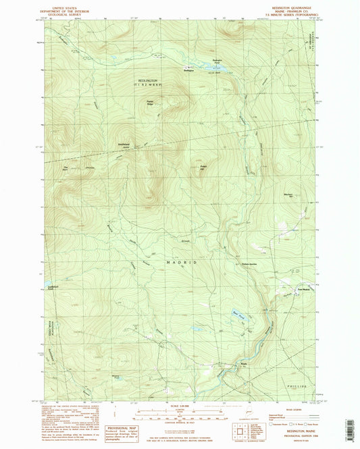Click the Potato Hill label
point(203,167)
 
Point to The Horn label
point(66,168)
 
